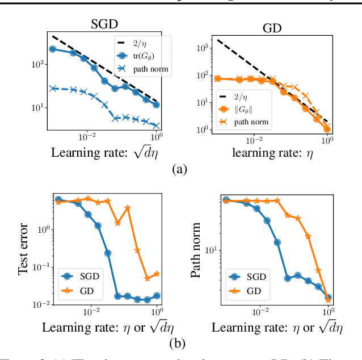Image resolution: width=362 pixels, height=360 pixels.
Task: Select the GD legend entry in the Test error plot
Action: (x=78, y=292)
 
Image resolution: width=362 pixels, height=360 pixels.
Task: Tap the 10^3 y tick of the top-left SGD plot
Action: (x=37, y=64)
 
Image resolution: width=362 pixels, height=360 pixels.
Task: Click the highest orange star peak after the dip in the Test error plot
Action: (x=128, y=208)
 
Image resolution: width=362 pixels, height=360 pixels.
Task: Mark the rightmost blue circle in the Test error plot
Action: (x=157, y=296)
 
